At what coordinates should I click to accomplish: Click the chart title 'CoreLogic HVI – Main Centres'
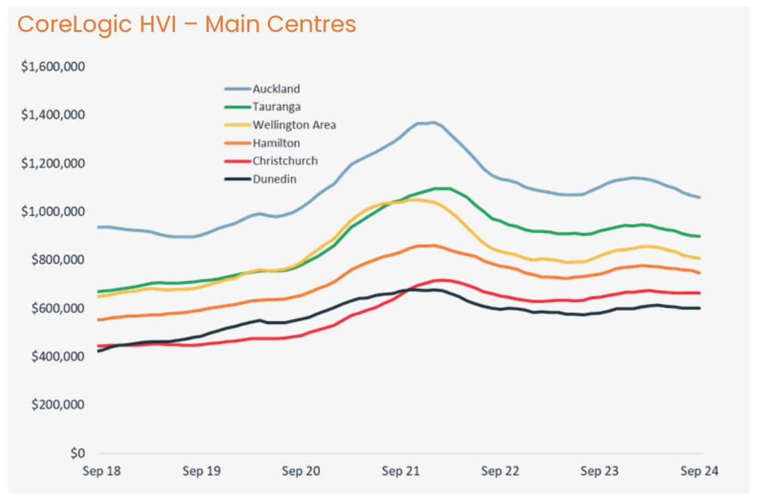[x=186, y=24]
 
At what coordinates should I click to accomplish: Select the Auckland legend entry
[x=276, y=89]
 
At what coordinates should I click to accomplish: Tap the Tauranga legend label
[x=276, y=107]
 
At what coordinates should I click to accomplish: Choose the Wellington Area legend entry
[x=294, y=125]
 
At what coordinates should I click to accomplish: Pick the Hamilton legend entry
[x=276, y=143]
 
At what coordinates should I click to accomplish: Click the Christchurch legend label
[x=285, y=161]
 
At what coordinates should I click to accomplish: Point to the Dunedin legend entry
[x=274, y=179]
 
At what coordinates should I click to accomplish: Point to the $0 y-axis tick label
[x=77, y=453]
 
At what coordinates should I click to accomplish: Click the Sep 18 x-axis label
[x=101, y=471]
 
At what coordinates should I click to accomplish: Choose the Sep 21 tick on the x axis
[x=401, y=471]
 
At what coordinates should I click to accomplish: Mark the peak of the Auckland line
[x=433, y=123]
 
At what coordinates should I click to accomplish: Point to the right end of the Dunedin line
[x=699, y=308]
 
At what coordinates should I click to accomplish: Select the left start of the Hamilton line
[x=99, y=320]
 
